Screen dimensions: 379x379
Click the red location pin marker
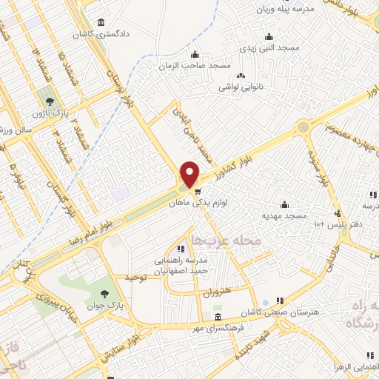(x=190, y=174)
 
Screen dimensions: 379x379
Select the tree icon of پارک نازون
(x=50, y=100)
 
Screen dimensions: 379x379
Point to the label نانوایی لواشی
(x=240, y=87)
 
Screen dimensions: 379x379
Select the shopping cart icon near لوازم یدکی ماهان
(x=198, y=191)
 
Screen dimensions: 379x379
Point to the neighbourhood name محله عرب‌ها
(x=226, y=241)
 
